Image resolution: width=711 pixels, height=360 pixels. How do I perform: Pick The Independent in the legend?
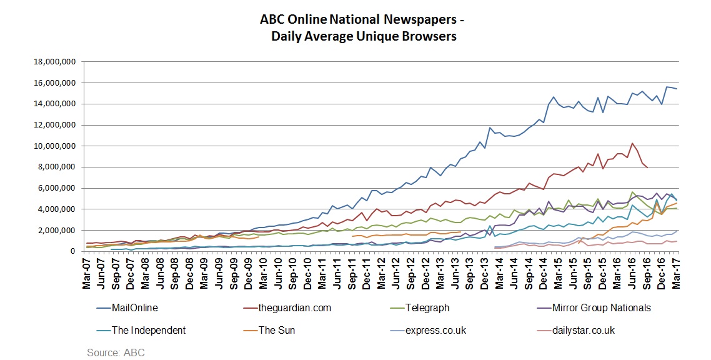pyautogui.click(x=148, y=330)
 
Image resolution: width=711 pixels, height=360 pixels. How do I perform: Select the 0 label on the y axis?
pyautogui.click(x=73, y=251)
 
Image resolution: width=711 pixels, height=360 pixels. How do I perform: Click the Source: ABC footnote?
pyautogui.click(x=116, y=352)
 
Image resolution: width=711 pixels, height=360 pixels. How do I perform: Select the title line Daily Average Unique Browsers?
pyautogui.click(x=364, y=36)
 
